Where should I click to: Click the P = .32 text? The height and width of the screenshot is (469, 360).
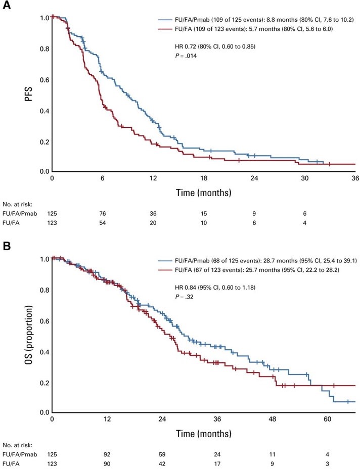[x=184, y=297]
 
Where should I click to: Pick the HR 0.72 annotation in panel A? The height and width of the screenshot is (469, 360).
[x=209, y=47]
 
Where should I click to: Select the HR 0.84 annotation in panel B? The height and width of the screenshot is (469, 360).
[x=209, y=288]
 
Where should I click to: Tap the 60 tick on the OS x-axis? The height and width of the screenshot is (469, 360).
[x=327, y=420]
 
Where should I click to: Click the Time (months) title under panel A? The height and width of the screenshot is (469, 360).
[x=203, y=193]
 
